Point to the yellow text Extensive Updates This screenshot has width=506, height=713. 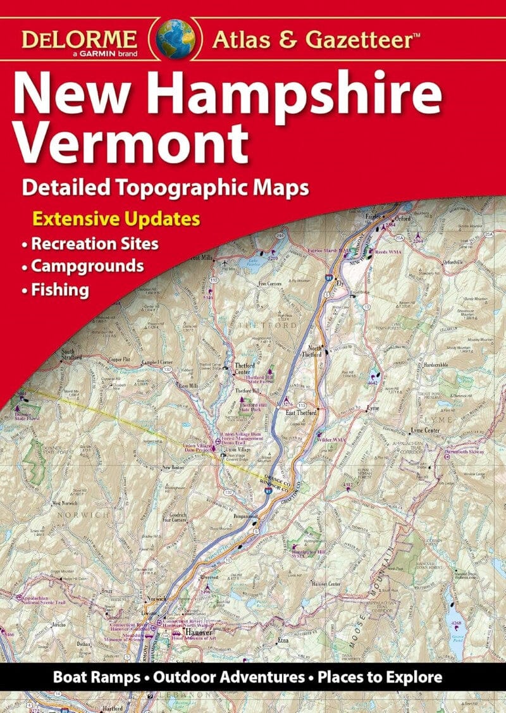[116, 220]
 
